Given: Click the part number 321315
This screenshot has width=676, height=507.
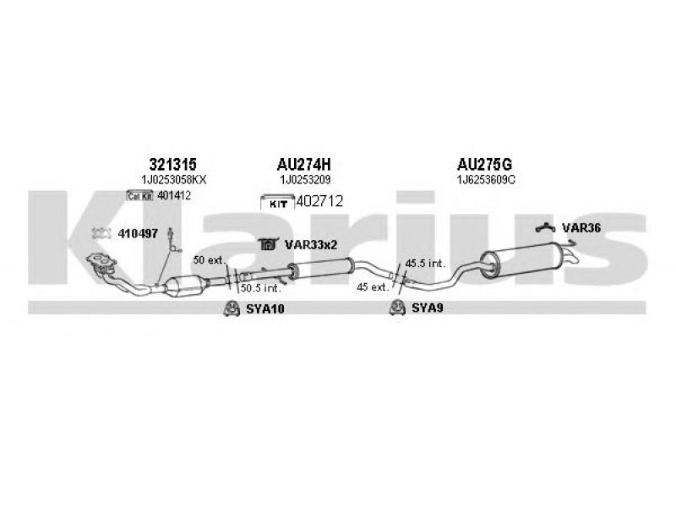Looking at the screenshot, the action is (x=172, y=164).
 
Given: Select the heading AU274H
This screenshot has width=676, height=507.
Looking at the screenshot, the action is (x=303, y=164).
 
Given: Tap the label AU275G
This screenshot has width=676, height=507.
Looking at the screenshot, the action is (x=484, y=164).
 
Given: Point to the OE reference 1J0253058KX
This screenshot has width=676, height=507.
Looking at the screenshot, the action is (x=174, y=180).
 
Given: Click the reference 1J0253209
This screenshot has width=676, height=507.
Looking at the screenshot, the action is (x=305, y=180).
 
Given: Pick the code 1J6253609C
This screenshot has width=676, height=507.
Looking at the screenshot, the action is (x=486, y=180).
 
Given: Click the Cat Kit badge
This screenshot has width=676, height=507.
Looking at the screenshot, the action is (x=140, y=196).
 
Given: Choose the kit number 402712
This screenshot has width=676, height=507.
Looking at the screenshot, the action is (x=319, y=201).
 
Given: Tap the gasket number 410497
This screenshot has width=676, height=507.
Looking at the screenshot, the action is (x=138, y=234).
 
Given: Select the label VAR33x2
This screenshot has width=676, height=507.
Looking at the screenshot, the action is (x=311, y=245).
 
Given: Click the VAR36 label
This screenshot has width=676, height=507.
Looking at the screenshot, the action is (x=581, y=228).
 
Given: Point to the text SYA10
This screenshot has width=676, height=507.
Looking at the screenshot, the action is (x=265, y=308).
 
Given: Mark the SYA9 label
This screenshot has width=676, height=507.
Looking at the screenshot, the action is (x=428, y=308).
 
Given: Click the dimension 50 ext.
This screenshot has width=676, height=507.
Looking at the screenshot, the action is (x=210, y=260).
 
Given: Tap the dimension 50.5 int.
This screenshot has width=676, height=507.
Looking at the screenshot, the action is (x=261, y=287).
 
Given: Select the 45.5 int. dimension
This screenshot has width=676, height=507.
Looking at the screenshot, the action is (x=425, y=264).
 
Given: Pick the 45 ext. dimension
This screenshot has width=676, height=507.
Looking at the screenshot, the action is (x=373, y=286).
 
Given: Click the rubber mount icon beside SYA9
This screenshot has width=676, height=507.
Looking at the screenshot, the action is (x=397, y=308).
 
